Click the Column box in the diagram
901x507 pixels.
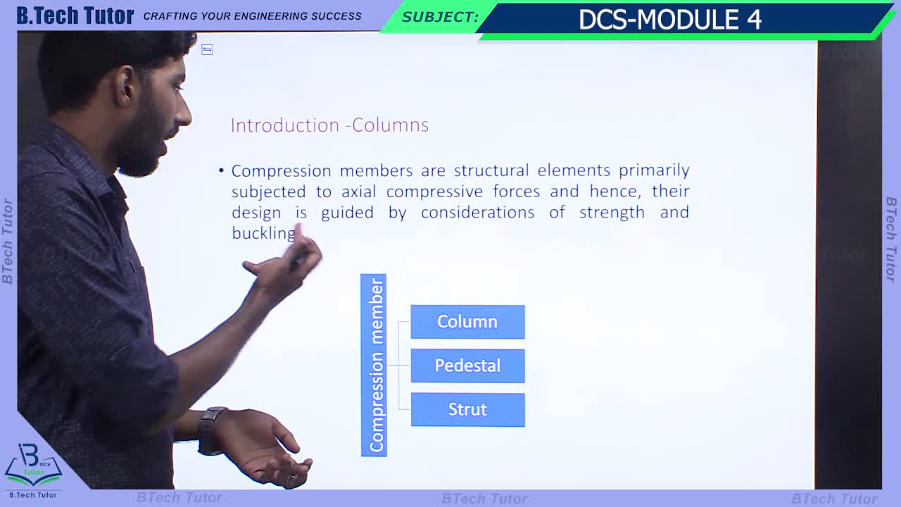point(467,322)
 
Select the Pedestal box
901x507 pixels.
point(467,365)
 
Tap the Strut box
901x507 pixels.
point(467,410)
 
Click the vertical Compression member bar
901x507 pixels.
point(374,365)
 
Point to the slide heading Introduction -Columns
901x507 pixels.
point(329,125)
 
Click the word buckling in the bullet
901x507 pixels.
point(263,233)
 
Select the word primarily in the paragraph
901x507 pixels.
point(654,171)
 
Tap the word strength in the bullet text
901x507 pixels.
point(612,213)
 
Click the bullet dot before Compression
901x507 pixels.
point(221,170)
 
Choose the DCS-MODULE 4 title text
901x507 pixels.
point(670,19)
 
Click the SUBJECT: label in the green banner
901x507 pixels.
point(441,18)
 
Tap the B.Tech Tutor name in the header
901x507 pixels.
point(75,15)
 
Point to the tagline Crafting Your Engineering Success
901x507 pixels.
point(252,16)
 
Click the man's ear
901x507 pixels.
point(126,85)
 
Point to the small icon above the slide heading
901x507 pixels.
point(207,49)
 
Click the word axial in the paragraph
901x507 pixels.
point(359,192)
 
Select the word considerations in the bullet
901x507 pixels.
point(477,213)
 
